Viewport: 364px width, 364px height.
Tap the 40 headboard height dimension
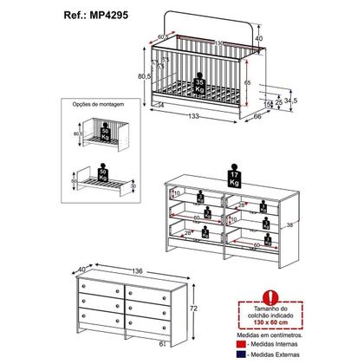coord(258,38)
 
